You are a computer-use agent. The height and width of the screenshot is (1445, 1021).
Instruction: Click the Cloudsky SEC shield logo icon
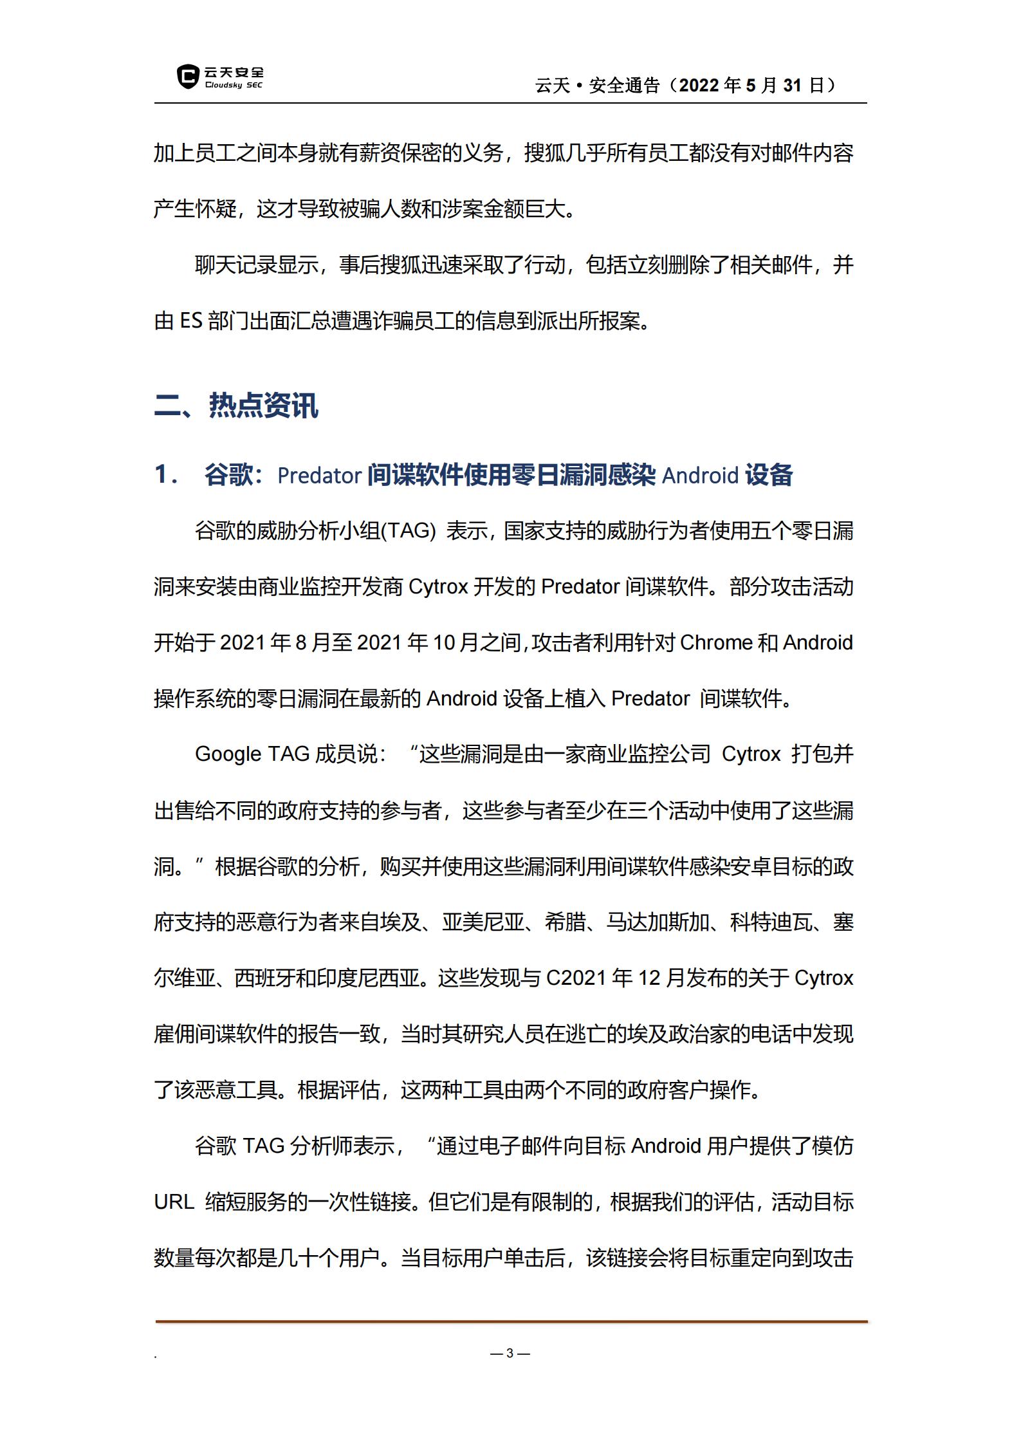[x=187, y=76]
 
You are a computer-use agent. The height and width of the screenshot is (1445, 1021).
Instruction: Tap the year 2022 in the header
[x=699, y=85]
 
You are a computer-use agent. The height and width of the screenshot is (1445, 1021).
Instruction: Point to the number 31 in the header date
[x=792, y=85]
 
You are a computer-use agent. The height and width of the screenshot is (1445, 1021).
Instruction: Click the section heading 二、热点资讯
[x=236, y=406]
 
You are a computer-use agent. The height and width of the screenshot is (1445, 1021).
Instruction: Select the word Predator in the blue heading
[x=319, y=476]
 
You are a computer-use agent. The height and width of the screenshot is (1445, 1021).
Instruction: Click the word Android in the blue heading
[x=700, y=476]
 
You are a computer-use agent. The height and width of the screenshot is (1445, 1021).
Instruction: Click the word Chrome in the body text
[x=716, y=642]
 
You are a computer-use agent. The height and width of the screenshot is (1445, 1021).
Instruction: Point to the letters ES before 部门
[x=191, y=321]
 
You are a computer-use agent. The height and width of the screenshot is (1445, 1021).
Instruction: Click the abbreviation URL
[x=174, y=1202]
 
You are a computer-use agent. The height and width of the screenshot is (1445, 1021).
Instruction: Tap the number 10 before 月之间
[x=444, y=642]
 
